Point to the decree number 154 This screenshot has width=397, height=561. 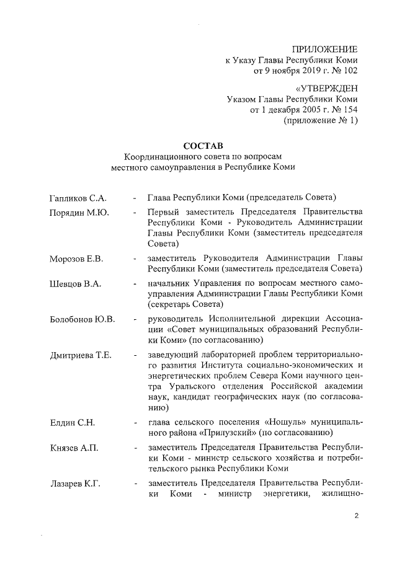click(x=350, y=110)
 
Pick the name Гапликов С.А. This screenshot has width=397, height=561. click(x=78, y=198)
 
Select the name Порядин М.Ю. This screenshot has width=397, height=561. click(x=79, y=213)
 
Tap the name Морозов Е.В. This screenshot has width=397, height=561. click(x=76, y=258)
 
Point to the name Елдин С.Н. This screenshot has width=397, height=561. click(x=72, y=422)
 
